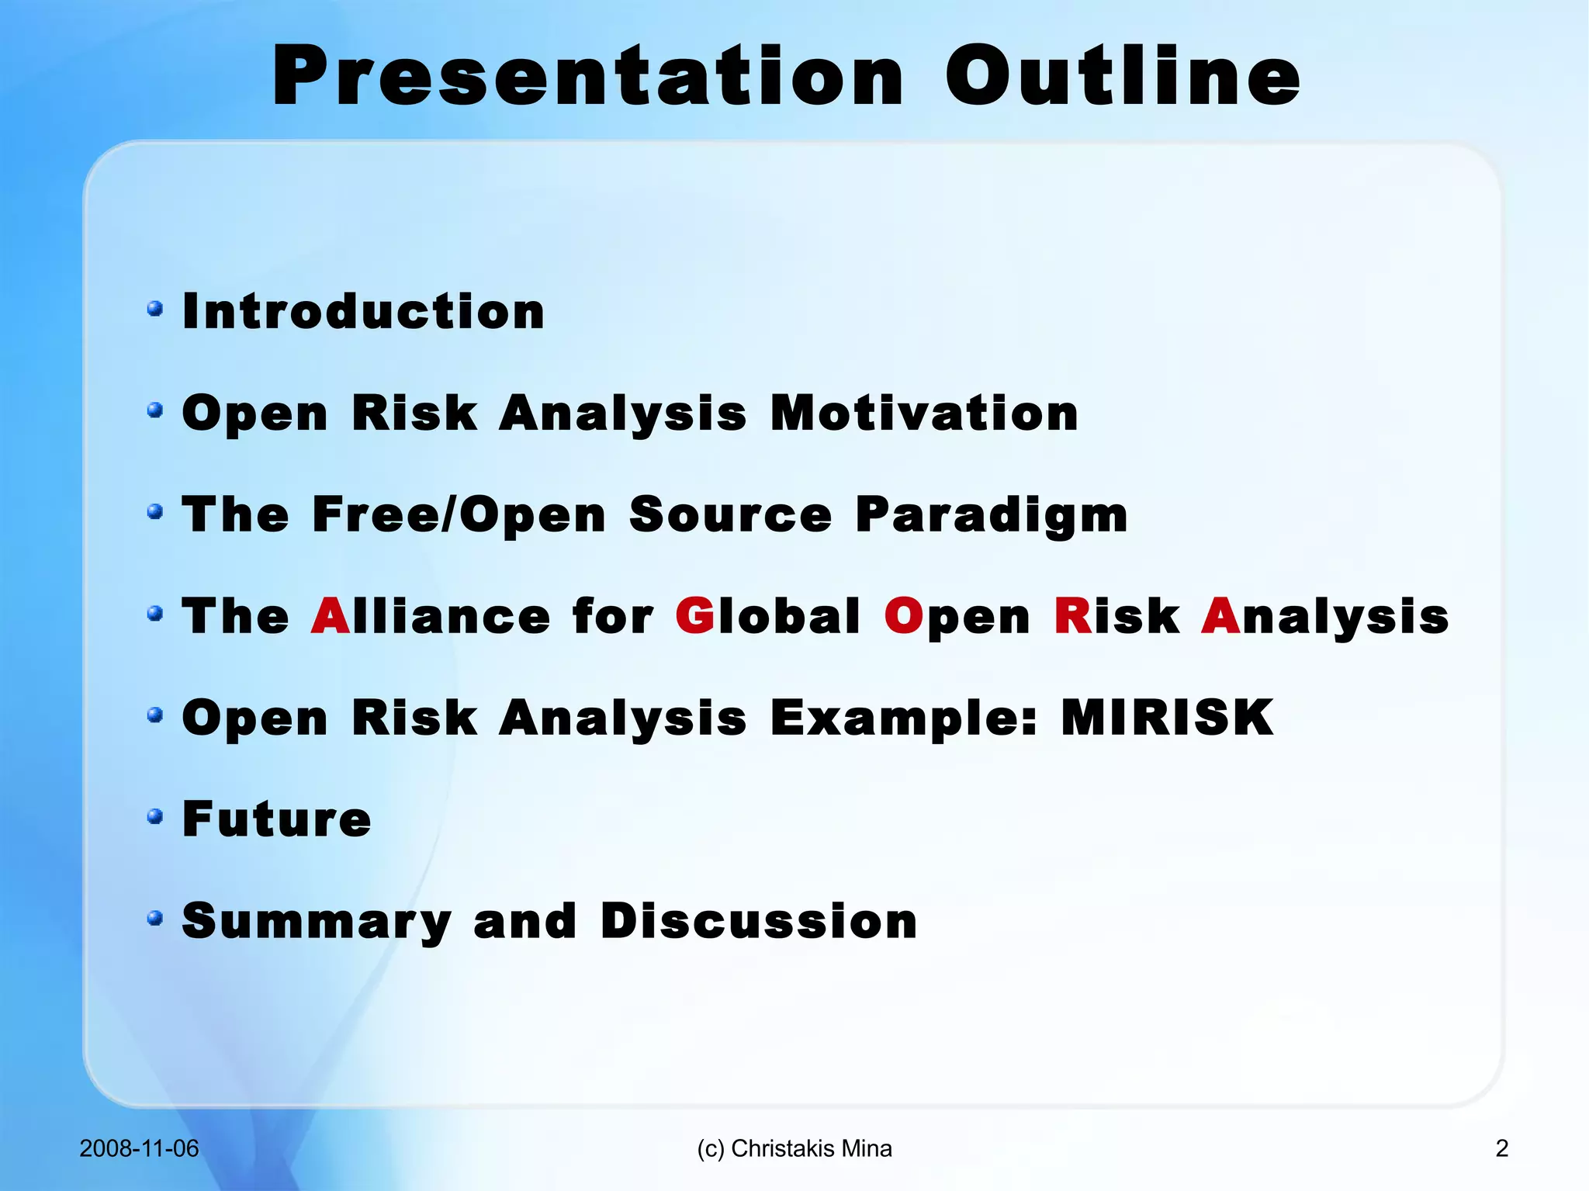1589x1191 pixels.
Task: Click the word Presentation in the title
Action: tap(588, 76)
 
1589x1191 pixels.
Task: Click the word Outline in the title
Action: tap(1122, 76)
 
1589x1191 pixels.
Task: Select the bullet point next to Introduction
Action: tap(155, 309)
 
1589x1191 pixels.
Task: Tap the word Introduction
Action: tap(363, 312)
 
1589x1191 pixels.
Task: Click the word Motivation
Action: tap(923, 413)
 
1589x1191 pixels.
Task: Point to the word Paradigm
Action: tap(991, 514)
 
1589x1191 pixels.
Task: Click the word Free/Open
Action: tap(458, 514)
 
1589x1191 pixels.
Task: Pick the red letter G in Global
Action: tap(694, 616)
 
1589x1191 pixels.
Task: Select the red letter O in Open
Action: tap(902, 616)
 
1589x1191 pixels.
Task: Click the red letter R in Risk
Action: tap(1072, 616)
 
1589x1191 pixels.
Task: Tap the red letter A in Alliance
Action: tap(330, 616)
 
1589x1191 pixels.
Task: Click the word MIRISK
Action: tap(1166, 718)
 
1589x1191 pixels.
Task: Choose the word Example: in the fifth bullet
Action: tap(903, 718)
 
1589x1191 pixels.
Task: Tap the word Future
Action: tap(276, 819)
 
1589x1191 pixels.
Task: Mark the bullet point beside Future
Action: tap(155, 816)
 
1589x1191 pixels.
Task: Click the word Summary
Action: tap(317, 921)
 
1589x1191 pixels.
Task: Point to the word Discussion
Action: tap(758, 921)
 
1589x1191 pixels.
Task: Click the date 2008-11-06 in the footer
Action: tap(139, 1148)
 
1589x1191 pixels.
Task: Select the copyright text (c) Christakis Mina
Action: tap(794, 1148)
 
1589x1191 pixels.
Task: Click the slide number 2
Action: tap(1501, 1148)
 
